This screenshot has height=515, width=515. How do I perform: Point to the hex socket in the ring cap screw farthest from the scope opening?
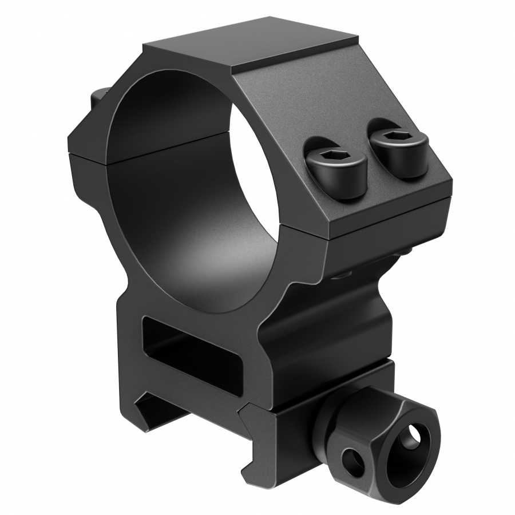pyautogui.click(x=395, y=137)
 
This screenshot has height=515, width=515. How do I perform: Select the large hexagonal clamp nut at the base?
pyautogui.click(x=401, y=440)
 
